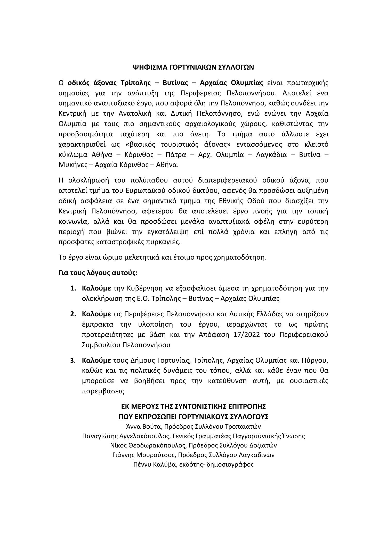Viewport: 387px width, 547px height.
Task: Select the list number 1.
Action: (x=73, y=288)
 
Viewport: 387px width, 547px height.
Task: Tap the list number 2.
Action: (x=73, y=314)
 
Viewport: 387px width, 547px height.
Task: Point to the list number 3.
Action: (x=73, y=360)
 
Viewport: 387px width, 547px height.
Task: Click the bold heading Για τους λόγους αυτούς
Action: (x=98, y=273)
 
